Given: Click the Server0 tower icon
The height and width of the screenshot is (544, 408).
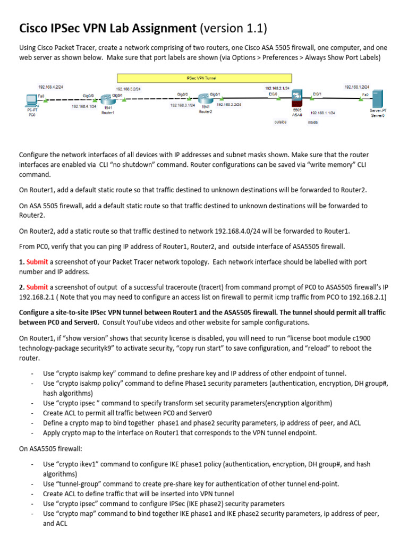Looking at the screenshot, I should click(378, 99).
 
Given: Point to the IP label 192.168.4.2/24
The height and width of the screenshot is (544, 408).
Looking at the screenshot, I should click(50, 86).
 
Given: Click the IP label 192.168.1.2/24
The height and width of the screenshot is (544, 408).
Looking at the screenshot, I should click(357, 86).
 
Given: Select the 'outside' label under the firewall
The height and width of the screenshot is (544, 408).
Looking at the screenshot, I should click(280, 122).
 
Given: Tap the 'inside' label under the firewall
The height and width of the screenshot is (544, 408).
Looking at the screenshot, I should click(313, 122).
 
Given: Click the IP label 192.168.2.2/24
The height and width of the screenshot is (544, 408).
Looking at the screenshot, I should click(229, 105).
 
